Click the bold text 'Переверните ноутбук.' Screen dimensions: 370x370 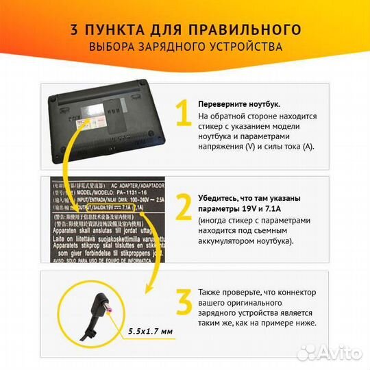239,103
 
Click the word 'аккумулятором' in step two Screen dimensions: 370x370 228,242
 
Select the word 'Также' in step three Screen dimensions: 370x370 210,291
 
